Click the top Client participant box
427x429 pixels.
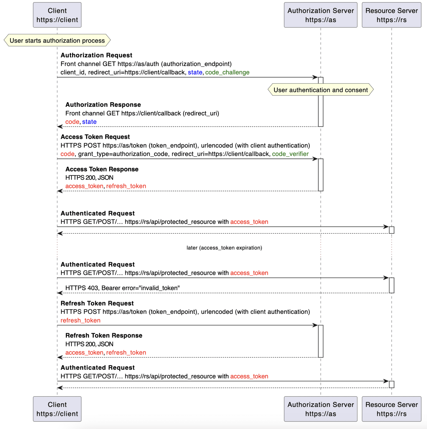point(57,15)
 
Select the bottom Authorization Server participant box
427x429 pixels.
point(320,409)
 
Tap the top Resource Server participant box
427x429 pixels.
point(391,15)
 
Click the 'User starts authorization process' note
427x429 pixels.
point(57,40)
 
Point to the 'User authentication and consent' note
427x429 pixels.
point(320,90)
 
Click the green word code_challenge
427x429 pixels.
point(227,72)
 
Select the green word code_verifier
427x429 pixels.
point(290,154)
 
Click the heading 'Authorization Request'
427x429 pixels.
point(96,55)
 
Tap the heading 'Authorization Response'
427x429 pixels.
point(103,105)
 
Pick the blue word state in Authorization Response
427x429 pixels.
point(89,122)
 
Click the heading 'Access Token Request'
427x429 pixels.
point(95,137)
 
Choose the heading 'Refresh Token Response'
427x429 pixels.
point(104,335)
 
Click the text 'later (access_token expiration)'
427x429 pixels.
point(224,248)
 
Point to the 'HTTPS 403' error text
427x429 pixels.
point(122,288)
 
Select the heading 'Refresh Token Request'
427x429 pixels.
point(97,303)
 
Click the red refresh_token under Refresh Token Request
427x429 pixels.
point(80,320)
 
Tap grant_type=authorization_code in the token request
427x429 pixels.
point(123,154)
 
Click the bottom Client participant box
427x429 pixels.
point(57,409)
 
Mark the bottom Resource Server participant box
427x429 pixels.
point(391,409)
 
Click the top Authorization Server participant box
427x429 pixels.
point(320,15)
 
